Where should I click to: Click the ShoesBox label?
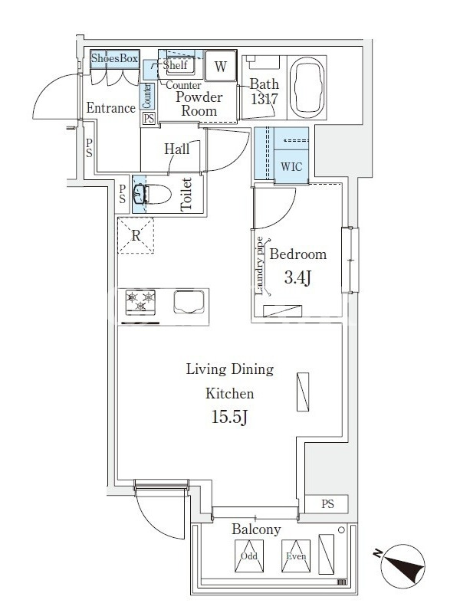tap(114, 58)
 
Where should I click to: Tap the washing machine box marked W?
tap(221, 66)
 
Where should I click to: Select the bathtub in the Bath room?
tap(307, 87)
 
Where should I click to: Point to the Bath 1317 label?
tap(264, 91)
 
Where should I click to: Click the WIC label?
tap(291, 166)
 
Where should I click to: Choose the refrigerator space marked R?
tap(136, 236)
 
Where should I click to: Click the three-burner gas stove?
tap(140, 302)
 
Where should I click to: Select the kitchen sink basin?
tap(189, 302)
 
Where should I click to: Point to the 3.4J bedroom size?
tap(297, 277)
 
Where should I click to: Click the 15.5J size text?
tap(229, 417)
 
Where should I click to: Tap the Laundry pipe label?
tap(260, 266)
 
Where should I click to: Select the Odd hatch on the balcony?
tap(249, 556)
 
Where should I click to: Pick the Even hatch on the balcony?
tap(296, 556)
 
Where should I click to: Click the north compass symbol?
tap(403, 566)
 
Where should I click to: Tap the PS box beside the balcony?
tap(327, 504)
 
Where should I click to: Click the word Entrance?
tap(111, 107)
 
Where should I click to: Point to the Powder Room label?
tap(199, 103)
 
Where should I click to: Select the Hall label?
tap(177, 149)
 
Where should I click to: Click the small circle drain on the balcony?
tap(341, 530)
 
